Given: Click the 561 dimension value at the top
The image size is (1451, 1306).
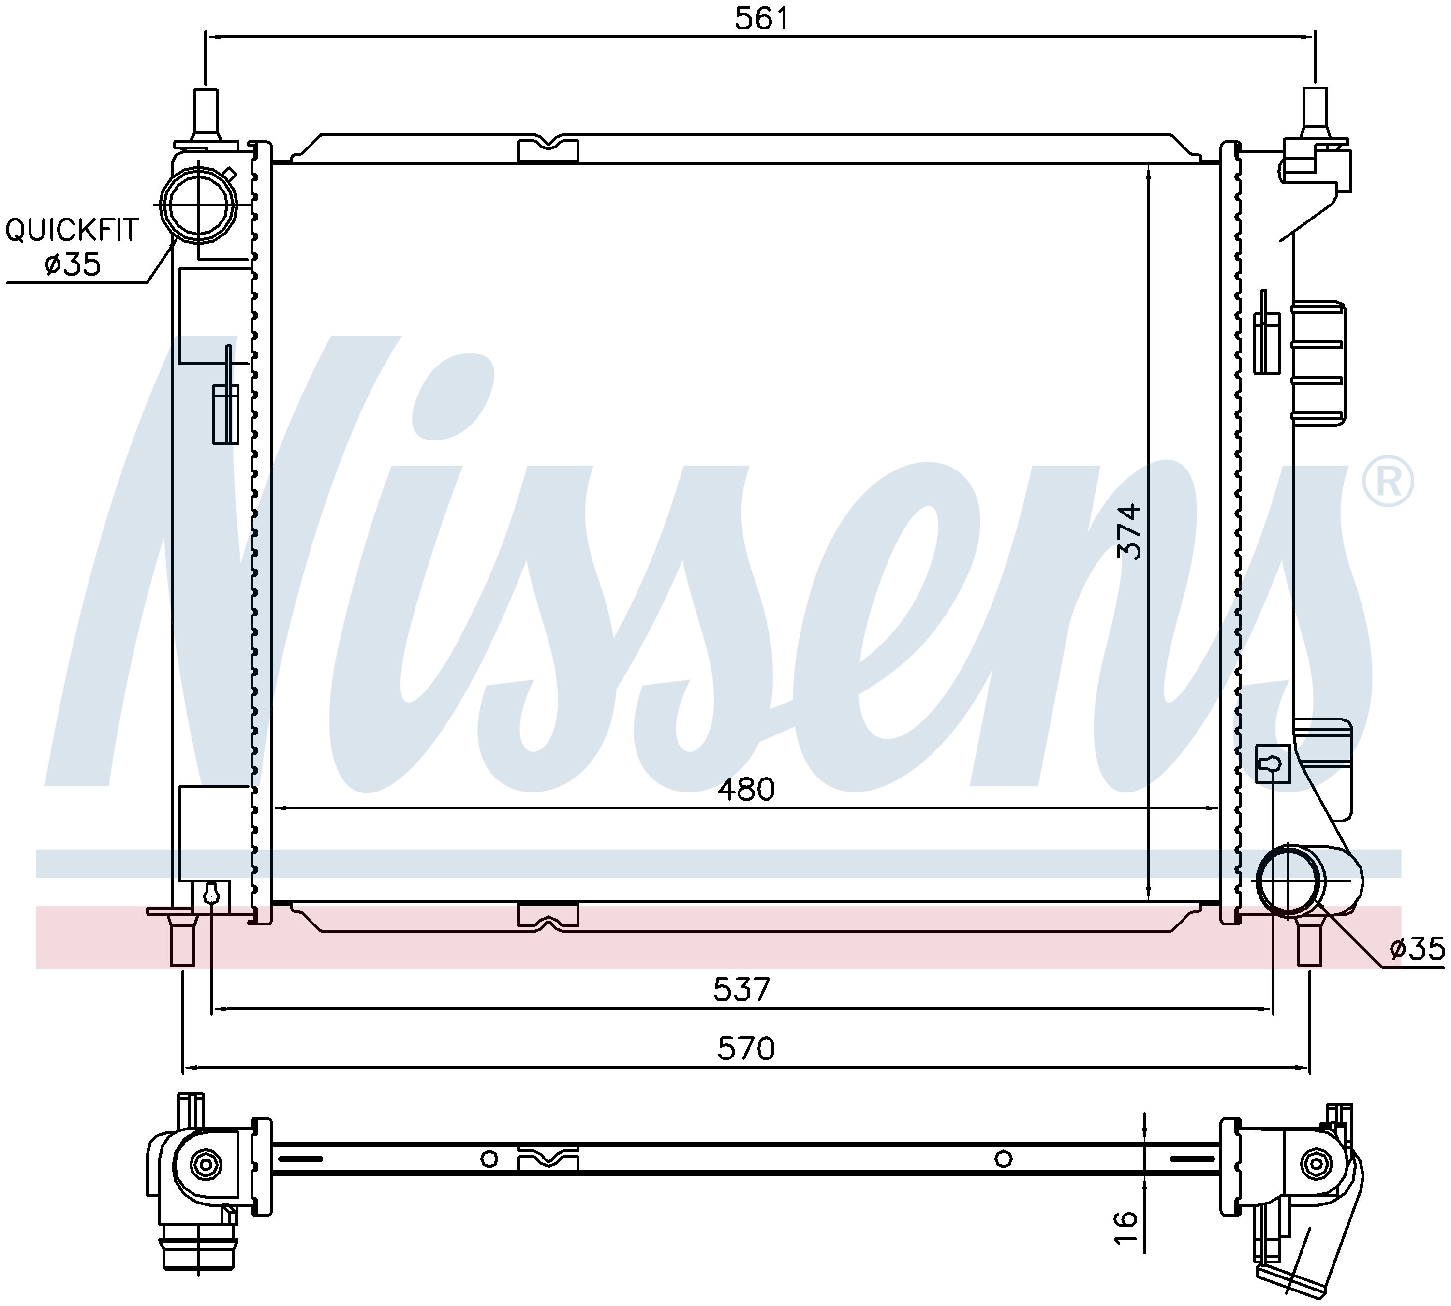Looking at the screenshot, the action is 761,19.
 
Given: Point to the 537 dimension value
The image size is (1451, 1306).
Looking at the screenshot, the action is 742,990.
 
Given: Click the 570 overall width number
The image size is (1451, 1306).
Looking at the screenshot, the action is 746,1049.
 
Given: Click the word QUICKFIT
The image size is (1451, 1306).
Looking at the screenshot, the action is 72,230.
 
